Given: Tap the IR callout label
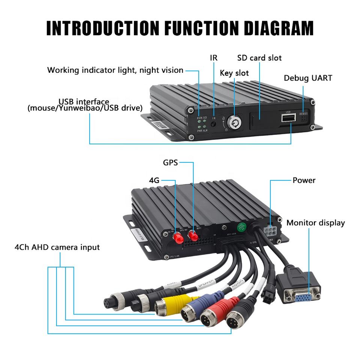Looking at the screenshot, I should pyautogui.click(x=213, y=58).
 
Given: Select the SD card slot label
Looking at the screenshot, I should pyautogui.click(x=259, y=58).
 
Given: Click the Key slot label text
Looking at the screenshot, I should pyautogui.click(x=234, y=73).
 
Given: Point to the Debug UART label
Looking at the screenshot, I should pyautogui.click(x=307, y=78).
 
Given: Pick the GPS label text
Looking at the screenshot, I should pyautogui.click(x=170, y=162).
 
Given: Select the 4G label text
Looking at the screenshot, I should pyautogui.click(x=154, y=180).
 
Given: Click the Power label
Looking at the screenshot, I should pyautogui.click(x=304, y=180).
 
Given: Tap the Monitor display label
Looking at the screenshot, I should pyautogui.click(x=315, y=223).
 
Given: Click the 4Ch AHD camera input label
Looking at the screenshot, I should pyautogui.click(x=57, y=247).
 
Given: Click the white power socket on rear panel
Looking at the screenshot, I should pyautogui.click(x=270, y=230).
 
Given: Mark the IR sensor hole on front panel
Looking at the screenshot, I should pyautogui.click(x=213, y=124).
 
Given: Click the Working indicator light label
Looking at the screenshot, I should pyautogui.click(x=115, y=70).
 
